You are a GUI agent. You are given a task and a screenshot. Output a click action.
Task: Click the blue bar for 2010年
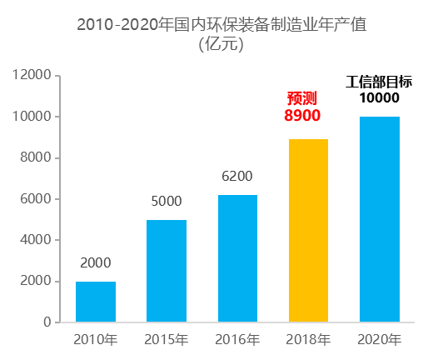coord(96,302)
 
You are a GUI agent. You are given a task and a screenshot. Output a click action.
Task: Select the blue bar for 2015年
coord(167,271)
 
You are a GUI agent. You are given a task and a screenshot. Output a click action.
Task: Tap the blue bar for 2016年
coord(237,258)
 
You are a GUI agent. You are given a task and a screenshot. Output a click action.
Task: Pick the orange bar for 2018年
coord(308,231)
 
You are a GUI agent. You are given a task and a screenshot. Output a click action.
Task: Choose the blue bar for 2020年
coord(380,219)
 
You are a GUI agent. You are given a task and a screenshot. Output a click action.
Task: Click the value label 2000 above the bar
coord(96,263)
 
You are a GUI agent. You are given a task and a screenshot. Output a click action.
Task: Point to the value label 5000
coord(167,202)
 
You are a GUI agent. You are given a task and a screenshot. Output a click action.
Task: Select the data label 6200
coord(237,177)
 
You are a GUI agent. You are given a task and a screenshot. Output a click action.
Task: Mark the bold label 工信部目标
coord(380,82)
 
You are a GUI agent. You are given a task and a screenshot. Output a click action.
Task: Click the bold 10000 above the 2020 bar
coord(380,98)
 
